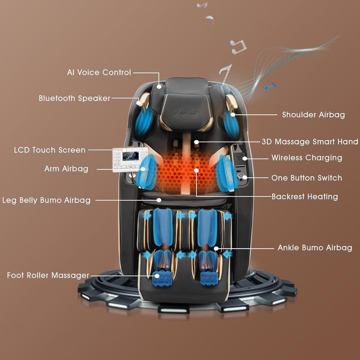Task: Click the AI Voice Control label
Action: [99, 72]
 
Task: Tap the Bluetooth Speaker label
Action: [75, 98]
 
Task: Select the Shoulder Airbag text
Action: [313, 115]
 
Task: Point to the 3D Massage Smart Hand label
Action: [310, 142]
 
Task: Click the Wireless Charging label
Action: [307, 157]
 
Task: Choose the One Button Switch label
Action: [306, 178]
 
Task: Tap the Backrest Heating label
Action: [304, 196]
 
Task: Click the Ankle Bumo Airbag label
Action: [315, 247]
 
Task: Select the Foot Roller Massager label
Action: [48, 275]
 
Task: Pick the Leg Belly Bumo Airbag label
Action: [46, 200]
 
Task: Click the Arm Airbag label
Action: [66, 169]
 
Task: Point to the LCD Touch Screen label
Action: [50, 150]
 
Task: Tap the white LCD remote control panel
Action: [130, 159]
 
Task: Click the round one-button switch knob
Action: [244, 177]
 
